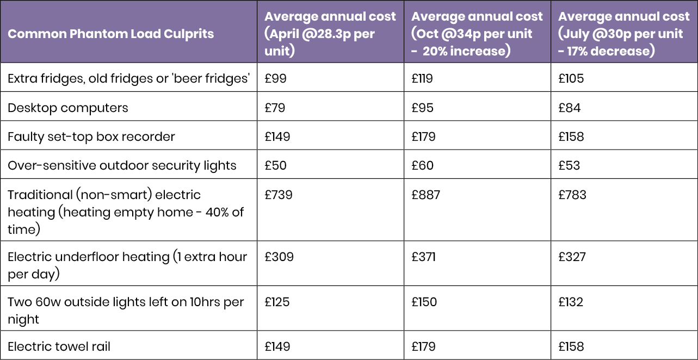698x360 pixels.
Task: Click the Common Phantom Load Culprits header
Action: click(x=110, y=34)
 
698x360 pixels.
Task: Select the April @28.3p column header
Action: click(x=330, y=33)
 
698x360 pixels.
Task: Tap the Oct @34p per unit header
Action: click(x=477, y=33)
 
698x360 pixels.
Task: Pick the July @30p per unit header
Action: click(x=624, y=33)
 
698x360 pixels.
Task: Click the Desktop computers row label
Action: click(x=68, y=108)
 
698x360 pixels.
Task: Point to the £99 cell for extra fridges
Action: click(x=275, y=79)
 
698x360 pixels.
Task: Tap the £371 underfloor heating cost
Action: click(x=423, y=257)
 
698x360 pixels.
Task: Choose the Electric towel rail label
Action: click(x=59, y=346)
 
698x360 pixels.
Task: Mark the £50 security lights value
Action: click(x=276, y=165)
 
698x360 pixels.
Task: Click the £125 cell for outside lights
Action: click(x=277, y=302)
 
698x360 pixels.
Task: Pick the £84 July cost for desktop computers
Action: click(x=570, y=108)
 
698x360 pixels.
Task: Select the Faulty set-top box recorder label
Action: click(x=91, y=136)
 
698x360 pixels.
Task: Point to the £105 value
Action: click(x=571, y=79)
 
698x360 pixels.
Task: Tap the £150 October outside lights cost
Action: click(x=424, y=302)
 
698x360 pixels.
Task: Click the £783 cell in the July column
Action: click(x=572, y=195)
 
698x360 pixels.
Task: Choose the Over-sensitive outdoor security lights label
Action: click(x=122, y=165)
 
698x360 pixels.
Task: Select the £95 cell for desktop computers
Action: click(x=423, y=108)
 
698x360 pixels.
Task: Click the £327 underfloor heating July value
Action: click(x=572, y=257)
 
